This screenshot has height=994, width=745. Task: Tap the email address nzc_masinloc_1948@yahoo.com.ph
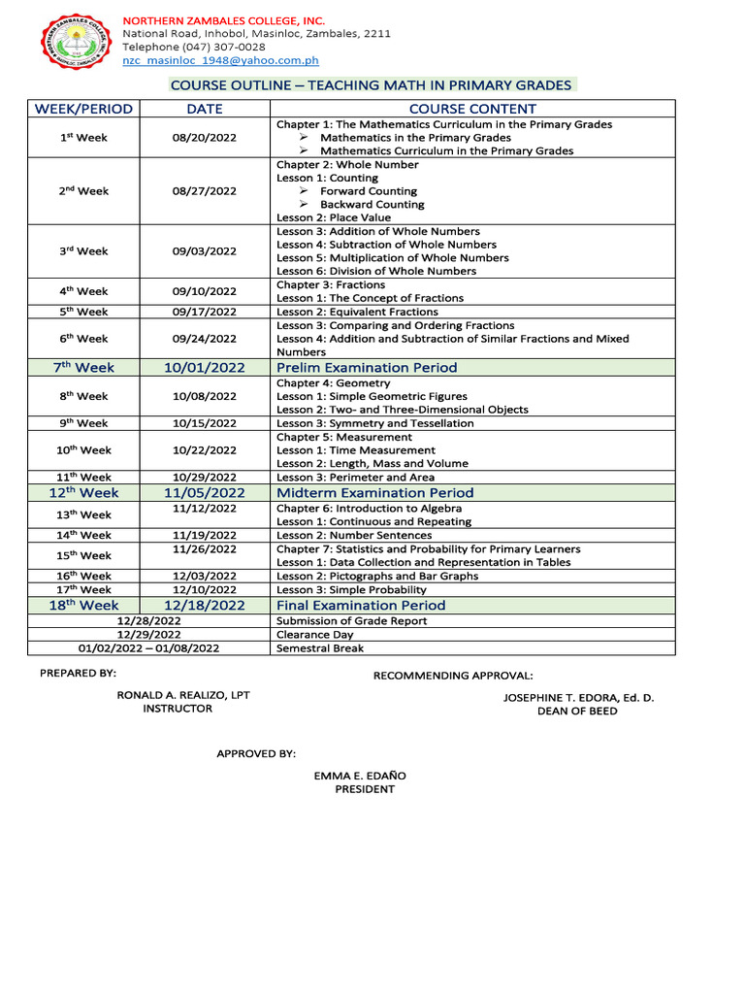click(x=220, y=60)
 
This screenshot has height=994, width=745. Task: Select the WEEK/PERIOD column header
click(x=83, y=109)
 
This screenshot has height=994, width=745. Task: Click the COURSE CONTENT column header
click(x=472, y=109)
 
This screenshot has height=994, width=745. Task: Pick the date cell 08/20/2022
click(x=205, y=138)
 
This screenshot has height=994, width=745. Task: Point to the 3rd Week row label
click(x=83, y=251)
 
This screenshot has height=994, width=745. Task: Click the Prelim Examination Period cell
click(x=367, y=368)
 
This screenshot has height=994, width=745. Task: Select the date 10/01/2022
click(x=205, y=368)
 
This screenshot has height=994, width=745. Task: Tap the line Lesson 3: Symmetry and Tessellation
click(x=375, y=423)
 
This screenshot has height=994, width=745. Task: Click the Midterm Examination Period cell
click(x=375, y=493)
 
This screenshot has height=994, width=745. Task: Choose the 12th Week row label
click(x=83, y=493)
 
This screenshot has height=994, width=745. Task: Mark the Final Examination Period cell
click(x=361, y=606)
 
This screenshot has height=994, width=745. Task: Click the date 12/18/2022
click(x=205, y=606)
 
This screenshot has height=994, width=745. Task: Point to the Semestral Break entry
click(x=320, y=648)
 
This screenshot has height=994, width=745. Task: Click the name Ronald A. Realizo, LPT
click(x=183, y=696)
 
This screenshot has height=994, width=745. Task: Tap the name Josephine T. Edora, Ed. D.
click(x=578, y=698)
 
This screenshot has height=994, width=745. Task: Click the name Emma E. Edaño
click(x=360, y=776)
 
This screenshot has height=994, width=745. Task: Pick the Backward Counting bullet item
click(x=372, y=205)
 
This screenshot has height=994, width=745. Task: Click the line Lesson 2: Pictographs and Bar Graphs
click(x=377, y=577)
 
